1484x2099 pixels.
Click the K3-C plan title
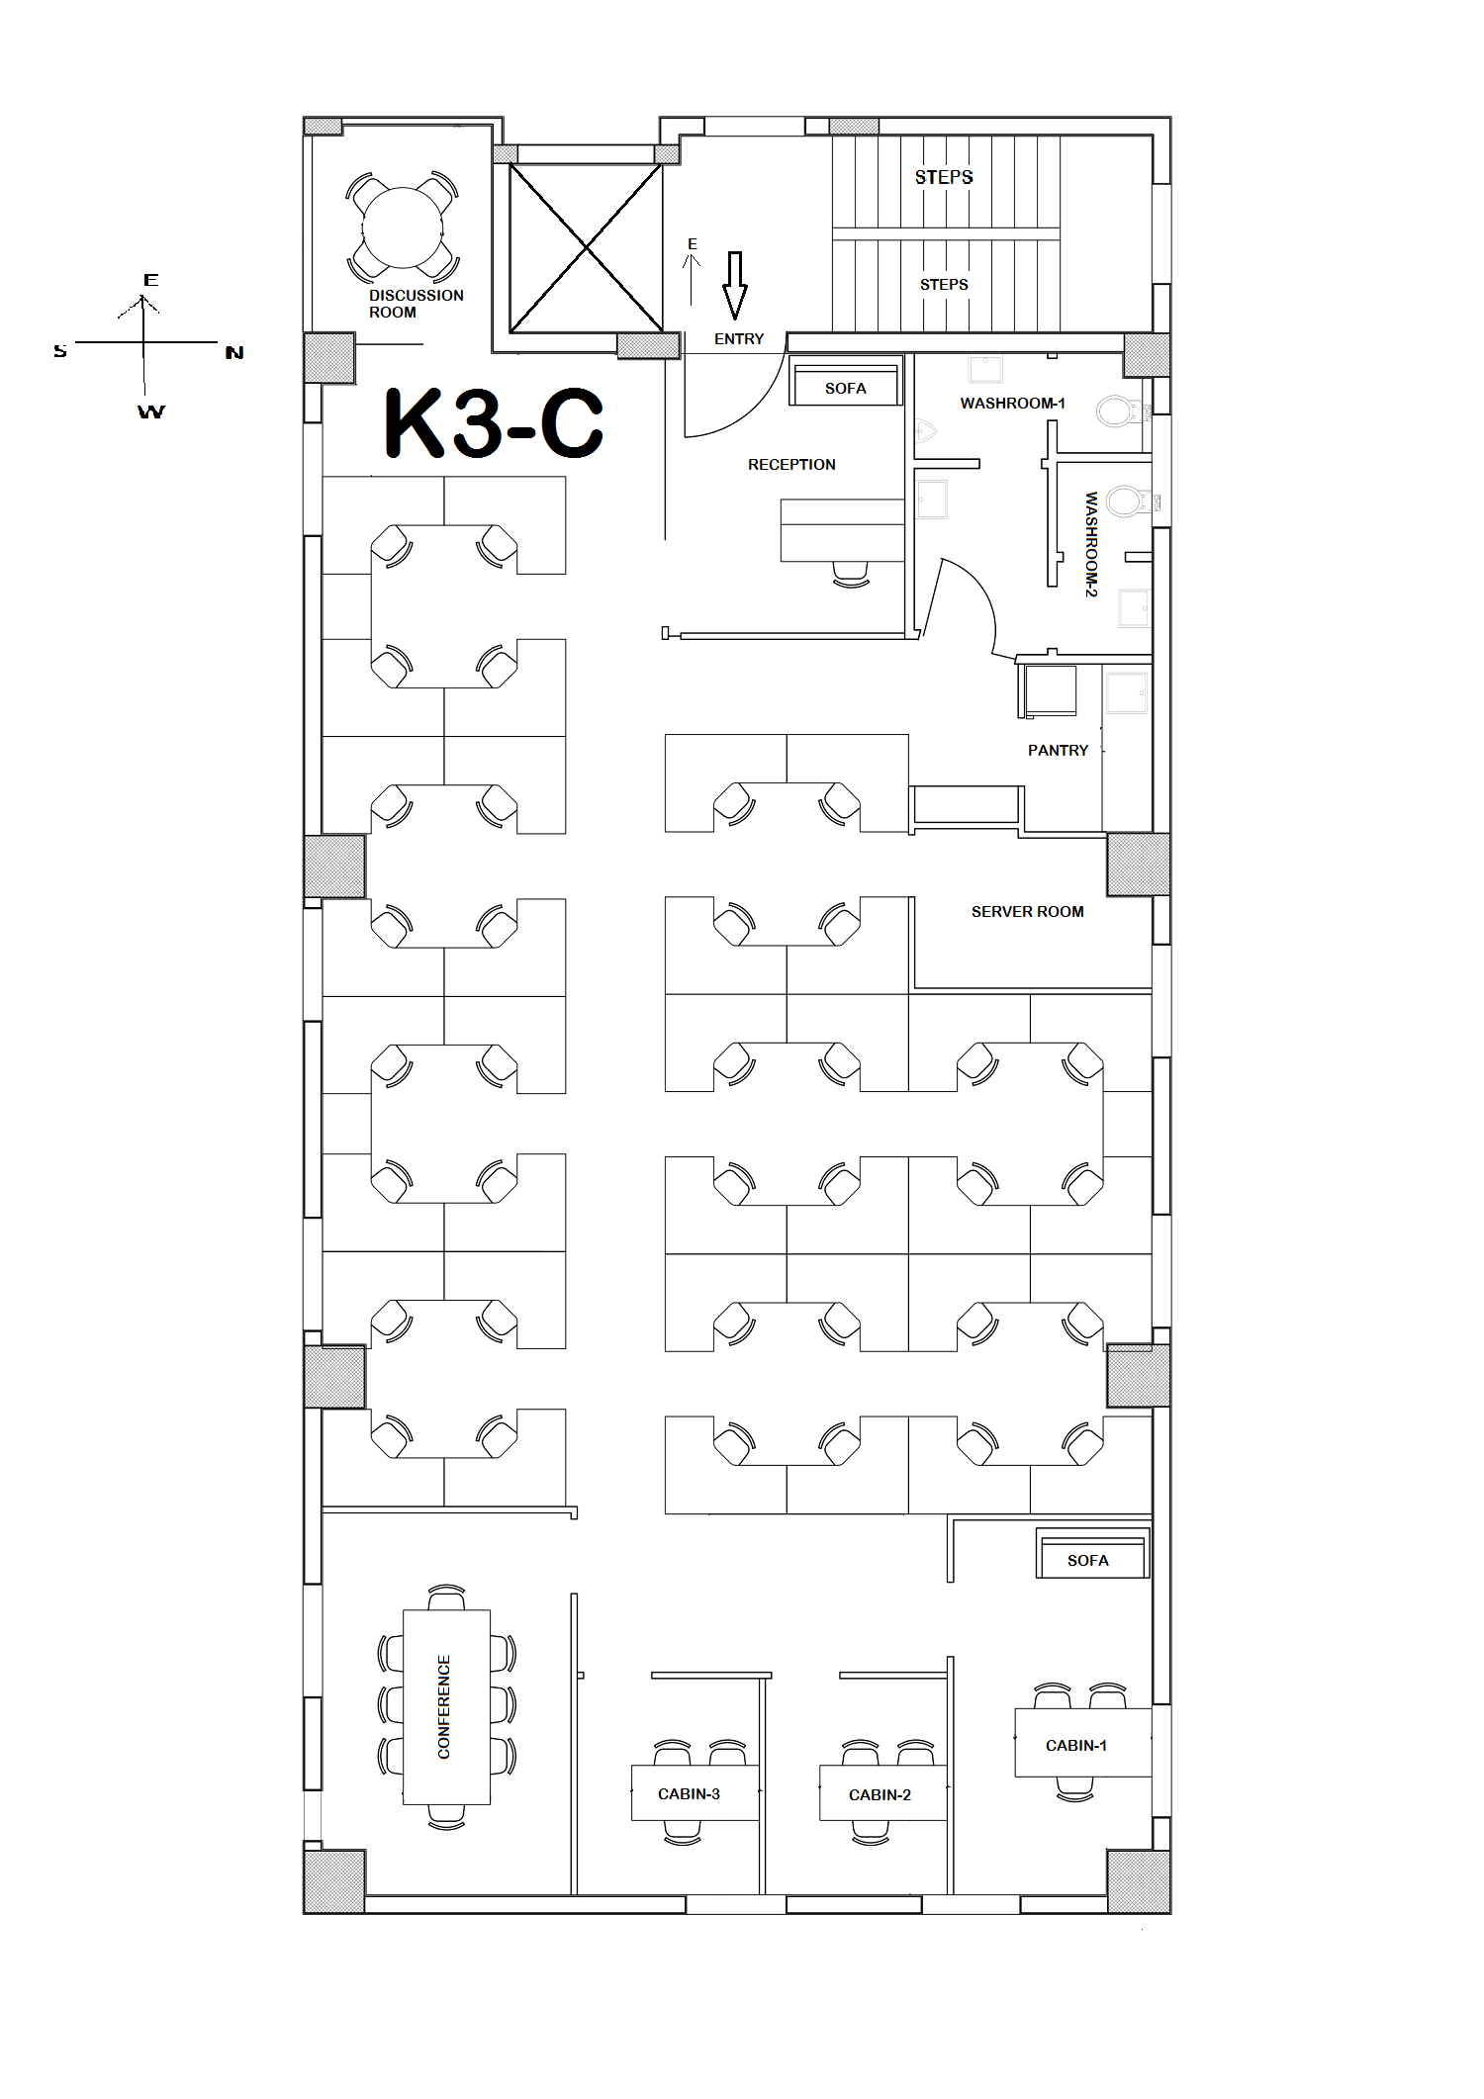click(494, 423)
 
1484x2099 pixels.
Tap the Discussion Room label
click(416, 304)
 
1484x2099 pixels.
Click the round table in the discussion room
click(403, 228)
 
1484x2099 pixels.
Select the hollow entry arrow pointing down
click(734, 285)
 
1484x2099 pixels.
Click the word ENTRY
click(739, 339)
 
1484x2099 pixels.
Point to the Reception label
click(791, 465)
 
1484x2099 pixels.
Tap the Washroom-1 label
click(1012, 404)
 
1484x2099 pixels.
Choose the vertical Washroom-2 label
click(1091, 544)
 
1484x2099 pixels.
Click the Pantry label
click(1058, 751)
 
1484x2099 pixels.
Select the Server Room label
click(1027, 912)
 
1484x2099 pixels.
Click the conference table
click(446, 1706)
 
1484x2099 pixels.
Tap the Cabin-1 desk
click(1083, 1742)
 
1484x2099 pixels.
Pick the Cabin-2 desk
click(882, 1792)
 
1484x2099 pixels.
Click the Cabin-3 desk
click(695, 1792)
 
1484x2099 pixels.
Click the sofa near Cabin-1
click(1092, 1553)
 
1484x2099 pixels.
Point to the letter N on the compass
click(234, 353)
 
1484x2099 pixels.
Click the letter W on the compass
click(151, 411)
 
